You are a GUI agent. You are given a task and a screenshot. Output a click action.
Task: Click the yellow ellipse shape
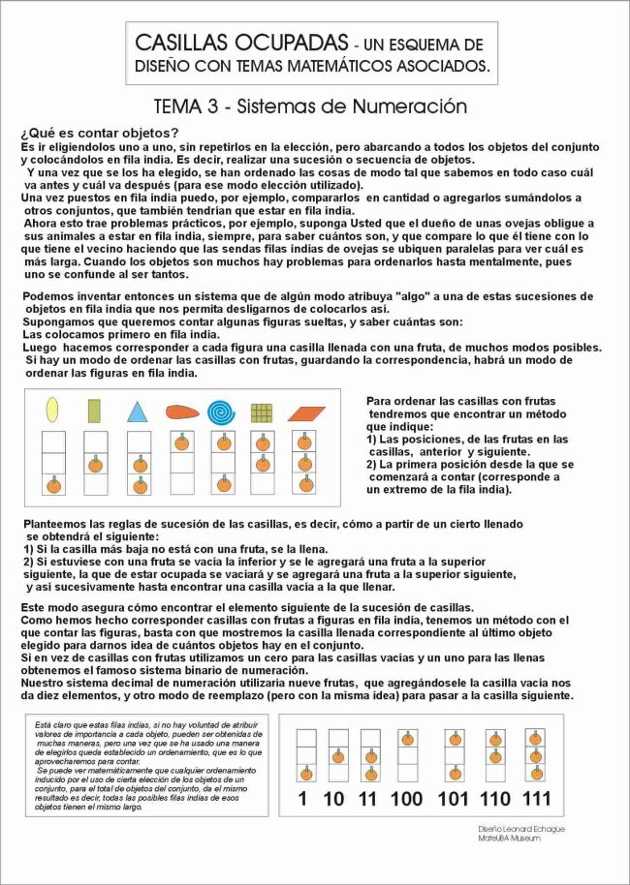click(52, 411)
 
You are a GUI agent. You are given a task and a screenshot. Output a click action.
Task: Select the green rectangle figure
click(95, 412)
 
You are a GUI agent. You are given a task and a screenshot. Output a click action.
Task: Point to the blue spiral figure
click(221, 413)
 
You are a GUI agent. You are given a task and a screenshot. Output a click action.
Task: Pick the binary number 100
click(407, 799)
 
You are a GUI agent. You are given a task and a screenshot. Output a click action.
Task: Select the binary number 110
click(495, 799)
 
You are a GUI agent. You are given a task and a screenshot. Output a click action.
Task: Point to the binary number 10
click(334, 799)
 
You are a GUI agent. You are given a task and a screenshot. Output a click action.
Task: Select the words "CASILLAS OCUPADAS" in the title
click(241, 44)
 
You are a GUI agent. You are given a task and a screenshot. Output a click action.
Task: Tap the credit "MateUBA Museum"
click(509, 839)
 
